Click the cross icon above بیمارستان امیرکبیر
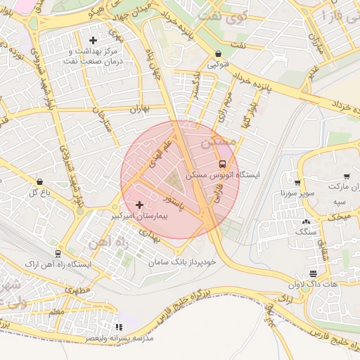140,205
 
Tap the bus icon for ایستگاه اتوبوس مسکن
222,163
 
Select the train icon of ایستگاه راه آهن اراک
57,253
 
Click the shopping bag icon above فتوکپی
218,53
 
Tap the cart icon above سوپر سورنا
299,182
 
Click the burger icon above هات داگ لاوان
313,274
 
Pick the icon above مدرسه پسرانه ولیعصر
118,328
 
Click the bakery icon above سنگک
306,222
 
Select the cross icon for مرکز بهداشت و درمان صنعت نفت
93,40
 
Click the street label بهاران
136,109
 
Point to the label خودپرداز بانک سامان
179,262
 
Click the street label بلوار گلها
247,113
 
